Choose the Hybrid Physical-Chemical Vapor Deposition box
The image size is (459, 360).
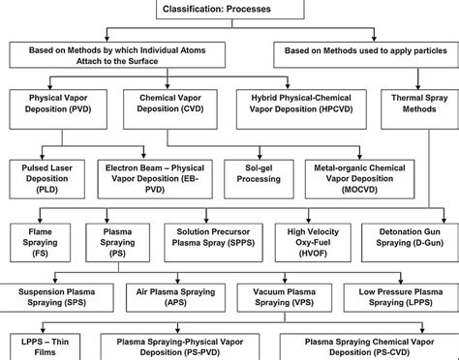point(297,105)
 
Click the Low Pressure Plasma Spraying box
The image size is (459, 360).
point(395,295)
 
